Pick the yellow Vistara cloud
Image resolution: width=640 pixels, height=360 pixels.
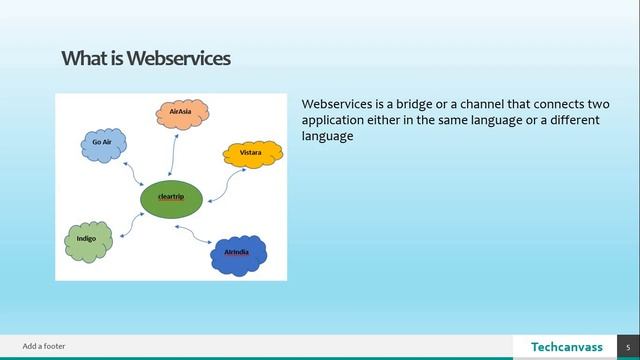coord(249,153)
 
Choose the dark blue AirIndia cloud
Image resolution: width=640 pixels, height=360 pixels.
coord(238,254)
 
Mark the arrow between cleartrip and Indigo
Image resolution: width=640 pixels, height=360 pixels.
coord(132,222)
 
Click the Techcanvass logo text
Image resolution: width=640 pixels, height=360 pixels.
coord(565,346)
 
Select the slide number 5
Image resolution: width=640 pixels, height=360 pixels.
coord(628,346)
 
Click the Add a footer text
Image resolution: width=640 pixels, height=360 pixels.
coord(44,346)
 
